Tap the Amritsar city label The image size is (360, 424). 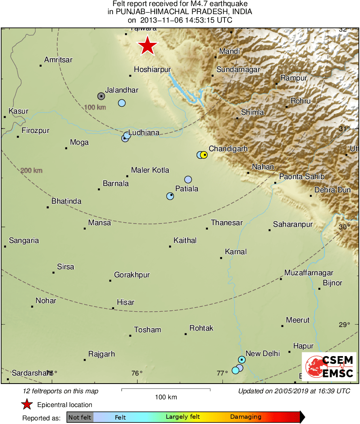(x=58, y=60)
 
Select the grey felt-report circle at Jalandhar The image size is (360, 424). (x=101, y=96)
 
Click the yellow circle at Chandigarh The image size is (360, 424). (x=204, y=155)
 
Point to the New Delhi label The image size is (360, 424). (x=263, y=354)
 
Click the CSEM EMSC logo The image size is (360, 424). (x=329, y=367)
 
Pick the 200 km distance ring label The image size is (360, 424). (x=32, y=171)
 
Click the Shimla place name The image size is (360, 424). (x=252, y=112)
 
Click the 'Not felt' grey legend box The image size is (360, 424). (x=80, y=417)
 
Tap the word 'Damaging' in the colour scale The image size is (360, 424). (x=246, y=417)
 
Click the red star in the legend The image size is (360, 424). (x=27, y=404)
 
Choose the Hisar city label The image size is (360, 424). (x=125, y=302)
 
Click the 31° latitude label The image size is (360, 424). (x=344, y=129)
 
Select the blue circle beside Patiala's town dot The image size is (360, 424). (x=170, y=196)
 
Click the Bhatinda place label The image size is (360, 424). (x=66, y=201)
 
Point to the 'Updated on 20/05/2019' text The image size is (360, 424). (x=294, y=391)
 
